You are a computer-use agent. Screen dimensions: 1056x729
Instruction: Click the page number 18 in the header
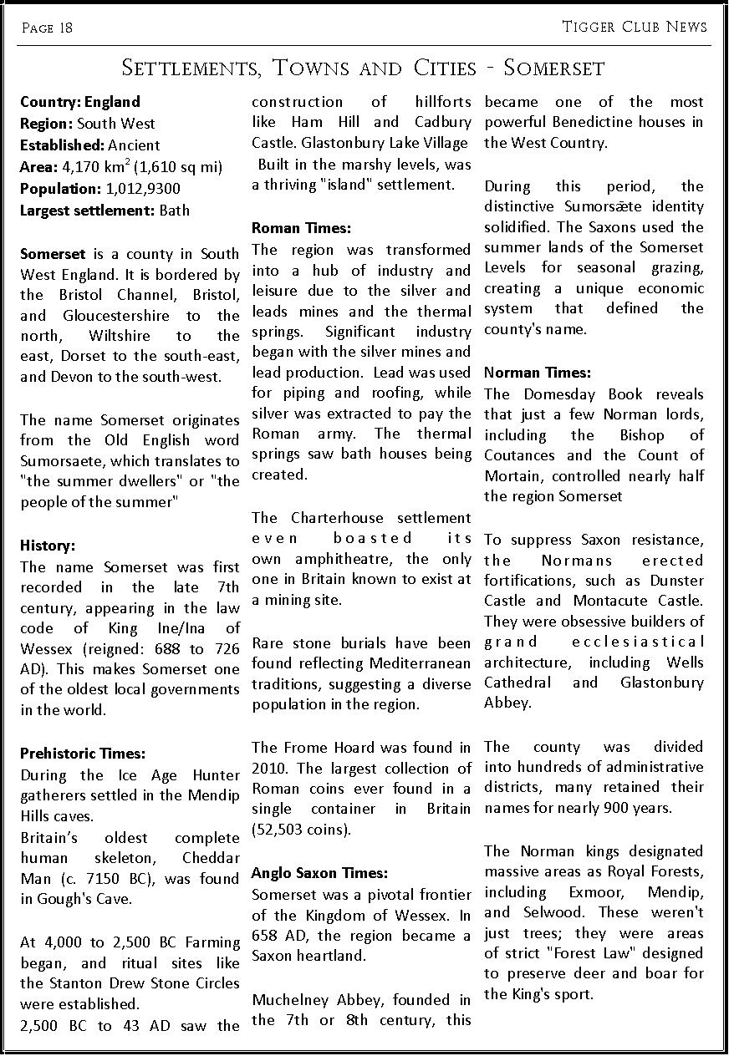point(65,28)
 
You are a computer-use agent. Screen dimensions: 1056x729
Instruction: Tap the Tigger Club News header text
point(635,27)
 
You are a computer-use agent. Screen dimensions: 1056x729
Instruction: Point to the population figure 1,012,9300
point(144,189)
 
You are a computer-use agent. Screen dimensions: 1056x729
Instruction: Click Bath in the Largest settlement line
point(174,211)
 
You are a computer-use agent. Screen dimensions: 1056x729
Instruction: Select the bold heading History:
point(48,546)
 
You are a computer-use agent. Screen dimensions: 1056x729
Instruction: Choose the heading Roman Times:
point(301,228)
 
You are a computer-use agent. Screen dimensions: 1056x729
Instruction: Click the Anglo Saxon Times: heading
point(319,873)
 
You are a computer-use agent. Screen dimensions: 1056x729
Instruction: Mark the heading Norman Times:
point(537,373)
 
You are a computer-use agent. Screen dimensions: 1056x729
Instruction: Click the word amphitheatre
point(342,559)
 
